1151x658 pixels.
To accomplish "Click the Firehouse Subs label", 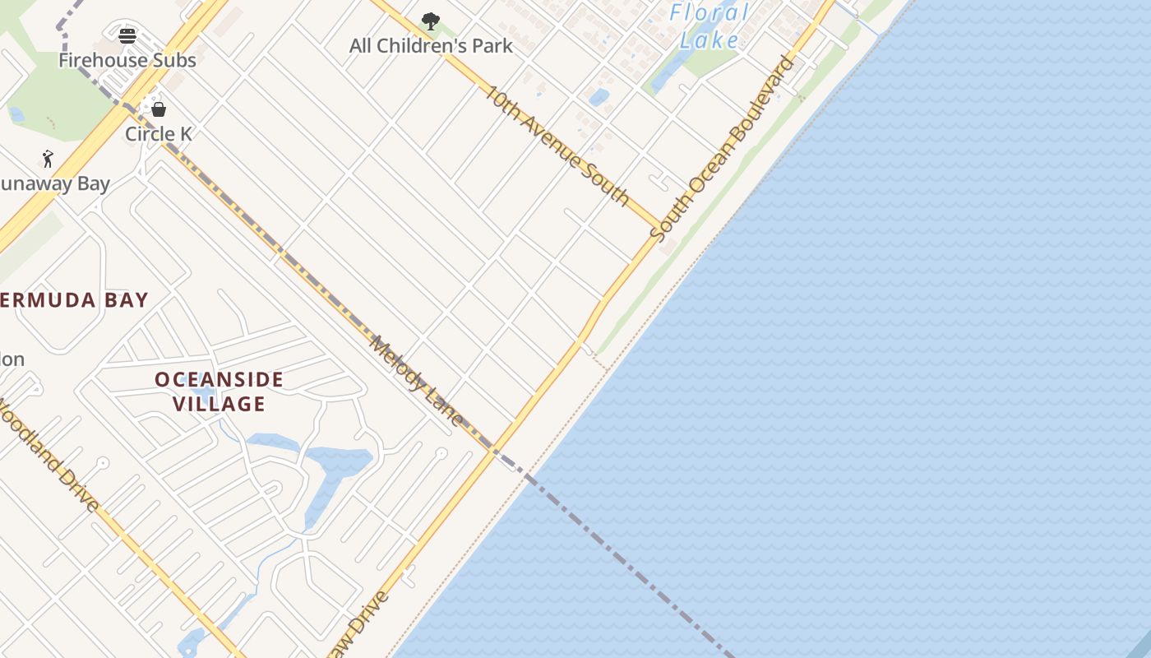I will point(127,60).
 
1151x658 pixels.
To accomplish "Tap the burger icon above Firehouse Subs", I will point(127,35).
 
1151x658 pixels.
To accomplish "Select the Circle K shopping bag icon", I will point(159,109).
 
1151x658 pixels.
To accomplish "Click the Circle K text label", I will point(159,133).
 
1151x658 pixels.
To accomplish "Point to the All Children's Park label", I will point(431,46).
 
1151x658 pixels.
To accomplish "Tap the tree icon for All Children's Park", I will point(430,21).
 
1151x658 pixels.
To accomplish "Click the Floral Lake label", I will point(709,25).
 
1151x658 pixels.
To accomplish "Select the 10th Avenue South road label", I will point(557,145).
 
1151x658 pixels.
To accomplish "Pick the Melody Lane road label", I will point(416,380).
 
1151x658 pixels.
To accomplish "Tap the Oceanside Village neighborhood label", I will point(219,392).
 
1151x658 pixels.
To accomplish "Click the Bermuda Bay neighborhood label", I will point(74,300).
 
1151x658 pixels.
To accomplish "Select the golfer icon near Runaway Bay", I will point(48,159).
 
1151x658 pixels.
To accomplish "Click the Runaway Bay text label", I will point(54,183).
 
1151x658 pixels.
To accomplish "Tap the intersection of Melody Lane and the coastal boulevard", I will point(494,450).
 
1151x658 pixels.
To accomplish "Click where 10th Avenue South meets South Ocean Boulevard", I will point(662,226).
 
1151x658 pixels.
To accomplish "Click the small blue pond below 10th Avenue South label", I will point(599,98).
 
